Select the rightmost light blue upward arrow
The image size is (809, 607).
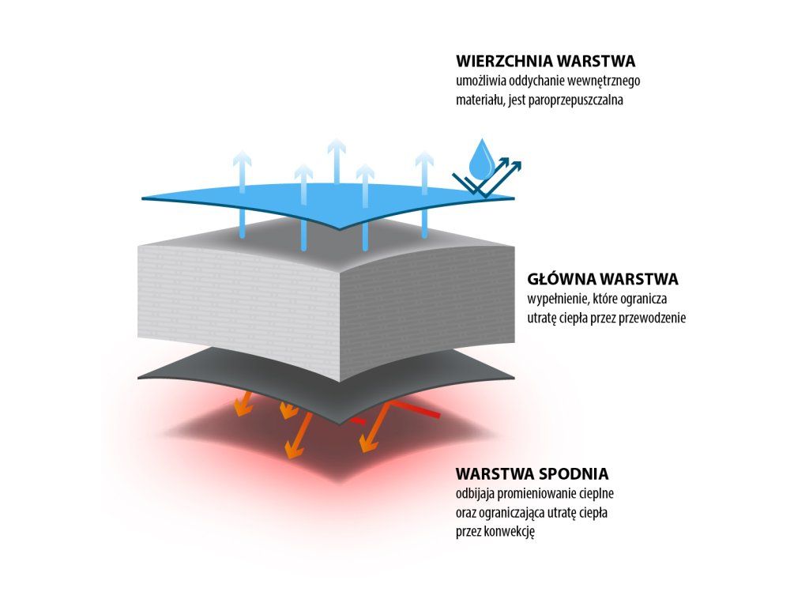coord(424,190)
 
